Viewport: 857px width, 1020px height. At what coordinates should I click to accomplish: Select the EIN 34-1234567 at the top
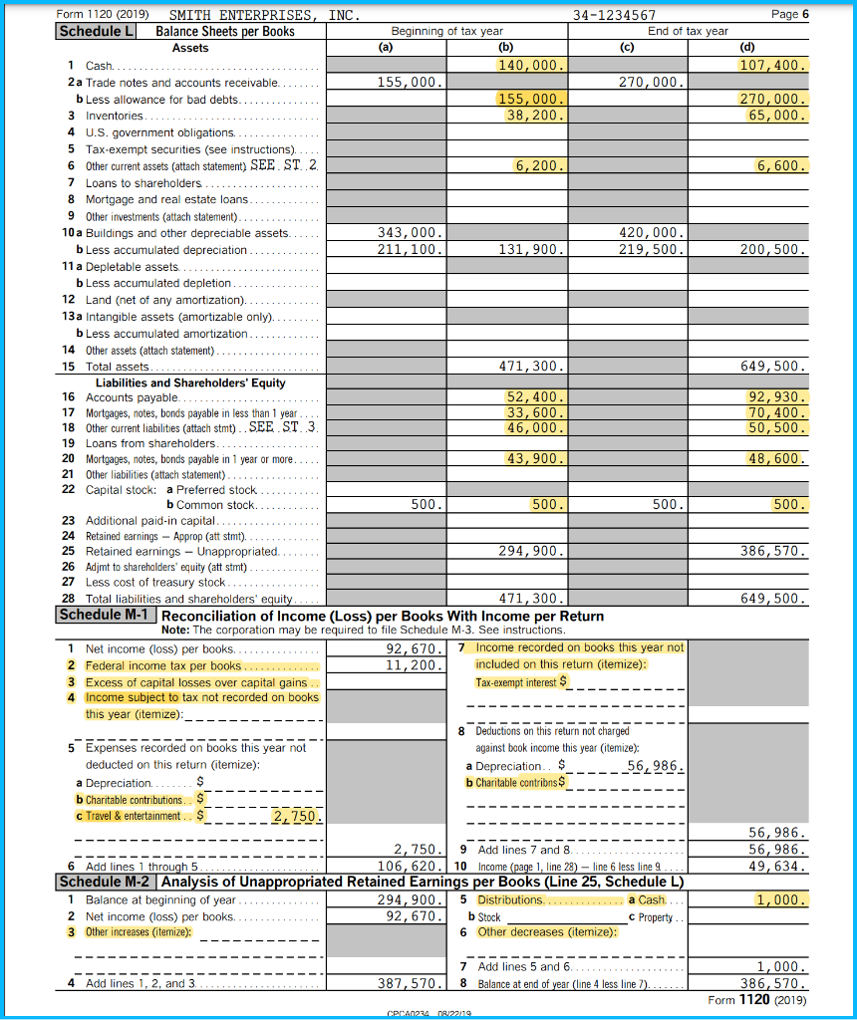(615, 15)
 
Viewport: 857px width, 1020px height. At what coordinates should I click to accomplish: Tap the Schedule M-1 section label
(104, 616)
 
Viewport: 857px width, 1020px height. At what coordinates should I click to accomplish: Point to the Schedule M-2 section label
(104, 881)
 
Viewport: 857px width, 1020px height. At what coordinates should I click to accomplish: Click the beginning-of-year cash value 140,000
(531, 65)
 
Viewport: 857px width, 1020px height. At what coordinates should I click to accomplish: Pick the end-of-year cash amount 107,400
(769, 65)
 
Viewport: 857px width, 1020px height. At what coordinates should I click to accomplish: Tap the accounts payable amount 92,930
(773, 396)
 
